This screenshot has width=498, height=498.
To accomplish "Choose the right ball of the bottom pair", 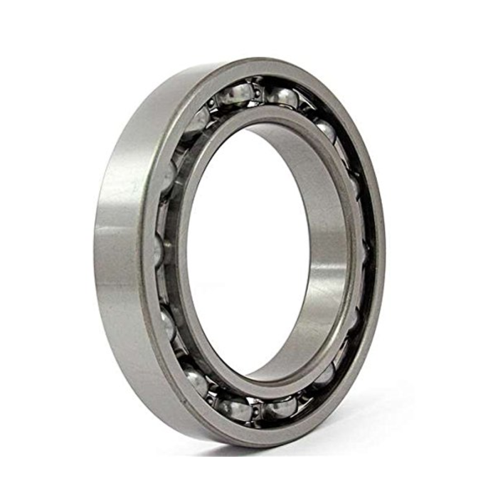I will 281,407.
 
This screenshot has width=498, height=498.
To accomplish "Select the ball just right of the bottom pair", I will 324,373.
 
